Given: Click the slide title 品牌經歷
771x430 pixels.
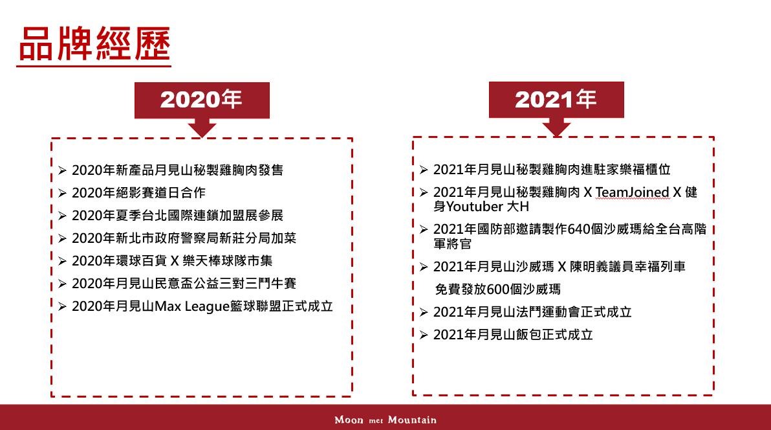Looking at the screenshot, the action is click(x=94, y=44).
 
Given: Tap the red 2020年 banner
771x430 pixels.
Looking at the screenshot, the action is click(x=202, y=100).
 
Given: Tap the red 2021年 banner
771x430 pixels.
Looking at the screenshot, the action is click(x=556, y=100).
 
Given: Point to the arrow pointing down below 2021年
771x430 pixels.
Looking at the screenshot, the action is click(x=556, y=127).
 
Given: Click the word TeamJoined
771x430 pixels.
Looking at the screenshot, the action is click(x=633, y=192).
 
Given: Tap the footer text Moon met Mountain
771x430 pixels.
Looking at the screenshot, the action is click(x=385, y=420).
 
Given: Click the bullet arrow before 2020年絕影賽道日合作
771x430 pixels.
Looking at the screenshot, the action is click(x=62, y=193).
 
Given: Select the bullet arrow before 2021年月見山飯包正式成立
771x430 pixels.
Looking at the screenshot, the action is click(x=424, y=335).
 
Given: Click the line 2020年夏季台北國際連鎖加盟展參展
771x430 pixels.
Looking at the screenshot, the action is click(x=177, y=216).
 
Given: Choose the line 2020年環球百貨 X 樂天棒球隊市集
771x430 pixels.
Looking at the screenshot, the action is click(x=172, y=261).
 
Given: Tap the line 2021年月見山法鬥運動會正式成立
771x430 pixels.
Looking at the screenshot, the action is click(x=532, y=312).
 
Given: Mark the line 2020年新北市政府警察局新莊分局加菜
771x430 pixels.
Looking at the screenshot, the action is click(x=184, y=238).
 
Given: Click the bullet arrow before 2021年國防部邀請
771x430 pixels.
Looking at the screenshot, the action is click(x=424, y=229).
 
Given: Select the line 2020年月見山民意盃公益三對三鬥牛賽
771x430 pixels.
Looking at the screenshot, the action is click(x=184, y=284).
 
